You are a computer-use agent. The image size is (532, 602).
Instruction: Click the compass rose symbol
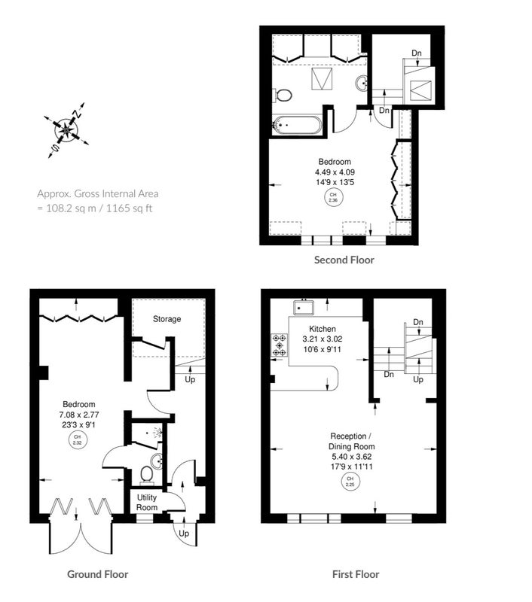[x=66, y=130]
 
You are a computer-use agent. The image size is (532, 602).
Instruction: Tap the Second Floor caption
[x=344, y=260]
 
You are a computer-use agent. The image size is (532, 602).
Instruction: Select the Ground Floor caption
[x=98, y=574]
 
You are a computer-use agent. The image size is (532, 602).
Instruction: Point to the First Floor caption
[x=356, y=574]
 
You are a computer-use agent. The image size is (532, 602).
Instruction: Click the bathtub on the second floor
[x=297, y=125]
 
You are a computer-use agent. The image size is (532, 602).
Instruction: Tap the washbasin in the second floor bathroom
[x=362, y=84]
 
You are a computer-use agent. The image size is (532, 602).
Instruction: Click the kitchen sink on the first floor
[x=304, y=308]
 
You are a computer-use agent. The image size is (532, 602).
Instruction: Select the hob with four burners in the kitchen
[x=280, y=345]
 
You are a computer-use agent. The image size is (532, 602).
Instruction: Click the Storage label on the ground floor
[x=167, y=318]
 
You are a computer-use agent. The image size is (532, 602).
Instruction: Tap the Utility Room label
[x=147, y=503]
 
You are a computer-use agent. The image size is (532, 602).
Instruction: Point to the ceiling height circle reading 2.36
[x=333, y=197]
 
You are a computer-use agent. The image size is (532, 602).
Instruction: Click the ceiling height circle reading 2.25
[x=350, y=482]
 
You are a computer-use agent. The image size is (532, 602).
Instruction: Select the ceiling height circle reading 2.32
[x=78, y=439]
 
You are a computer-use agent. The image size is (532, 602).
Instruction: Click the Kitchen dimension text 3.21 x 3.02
[x=322, y=339]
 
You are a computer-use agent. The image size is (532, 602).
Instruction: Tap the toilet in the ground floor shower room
[x=146, y=474]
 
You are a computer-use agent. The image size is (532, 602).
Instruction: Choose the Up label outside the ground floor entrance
[x=184, y=534]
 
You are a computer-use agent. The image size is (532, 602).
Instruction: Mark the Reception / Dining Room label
[x=351, y=441]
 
